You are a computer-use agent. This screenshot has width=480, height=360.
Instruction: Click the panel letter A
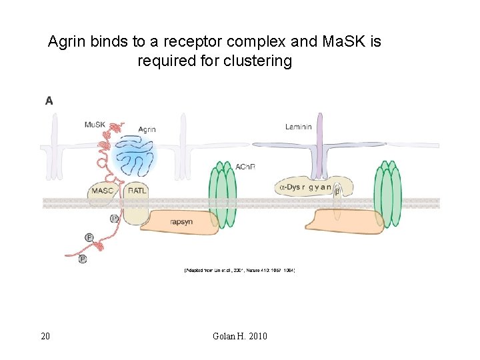49,101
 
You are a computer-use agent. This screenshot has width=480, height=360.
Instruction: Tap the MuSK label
94,125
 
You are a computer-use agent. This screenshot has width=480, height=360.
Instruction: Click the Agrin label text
147,129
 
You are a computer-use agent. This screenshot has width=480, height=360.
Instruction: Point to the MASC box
102,191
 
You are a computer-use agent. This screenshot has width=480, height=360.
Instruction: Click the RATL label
137,191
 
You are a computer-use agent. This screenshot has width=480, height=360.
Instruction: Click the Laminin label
298,127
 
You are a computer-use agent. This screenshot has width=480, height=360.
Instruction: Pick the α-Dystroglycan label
305,187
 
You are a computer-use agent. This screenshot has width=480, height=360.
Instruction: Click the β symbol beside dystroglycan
337,191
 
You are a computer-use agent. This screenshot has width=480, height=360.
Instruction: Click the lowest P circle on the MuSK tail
83,259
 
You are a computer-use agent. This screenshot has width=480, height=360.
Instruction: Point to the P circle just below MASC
114,218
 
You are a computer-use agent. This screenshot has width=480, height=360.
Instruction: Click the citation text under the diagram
239,270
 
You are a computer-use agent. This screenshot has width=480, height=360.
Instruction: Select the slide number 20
45,336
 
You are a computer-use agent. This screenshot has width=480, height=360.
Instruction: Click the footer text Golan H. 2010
239,336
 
